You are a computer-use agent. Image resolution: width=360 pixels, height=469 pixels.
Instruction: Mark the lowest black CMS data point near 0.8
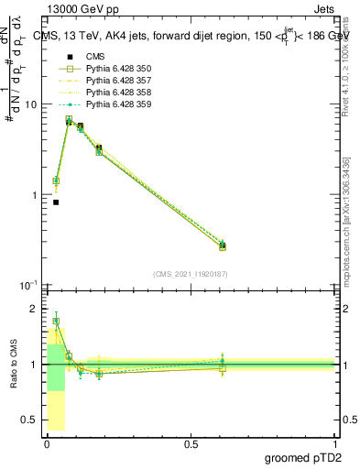56,202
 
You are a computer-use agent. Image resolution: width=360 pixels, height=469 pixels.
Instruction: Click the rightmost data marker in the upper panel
223,245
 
